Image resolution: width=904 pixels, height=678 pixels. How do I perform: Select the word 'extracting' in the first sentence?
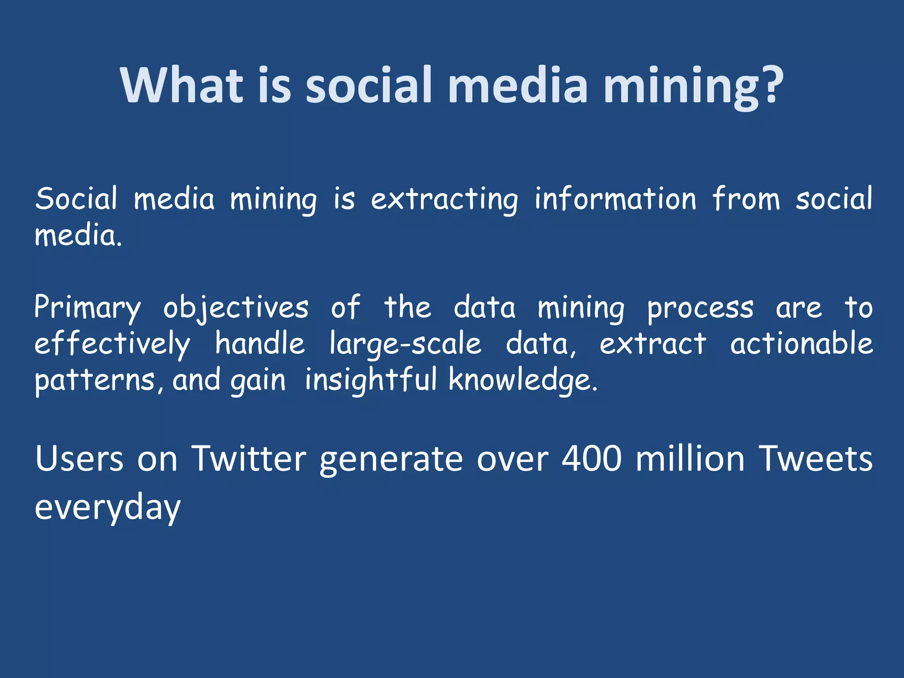444,200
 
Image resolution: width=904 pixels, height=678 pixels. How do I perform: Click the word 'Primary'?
87,308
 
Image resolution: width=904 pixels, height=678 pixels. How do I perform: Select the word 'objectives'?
236,308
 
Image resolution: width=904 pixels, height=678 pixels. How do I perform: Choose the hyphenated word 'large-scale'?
405,344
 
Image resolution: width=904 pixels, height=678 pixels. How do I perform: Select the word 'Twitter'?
249,459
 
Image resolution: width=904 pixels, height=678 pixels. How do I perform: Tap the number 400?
591,459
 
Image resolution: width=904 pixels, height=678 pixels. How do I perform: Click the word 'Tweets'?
815,459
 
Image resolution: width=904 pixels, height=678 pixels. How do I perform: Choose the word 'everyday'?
108,508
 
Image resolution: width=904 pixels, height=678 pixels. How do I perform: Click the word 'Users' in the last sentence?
79,459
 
